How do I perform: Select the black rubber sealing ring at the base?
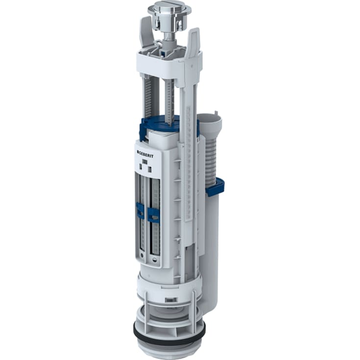coord(169,336)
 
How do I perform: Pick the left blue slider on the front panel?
coord(140,211)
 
